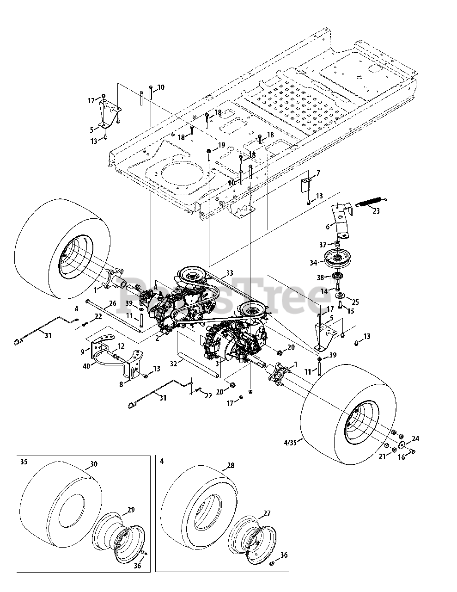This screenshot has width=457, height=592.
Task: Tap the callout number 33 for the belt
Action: [230, 273]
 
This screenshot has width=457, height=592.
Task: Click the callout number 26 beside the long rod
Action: [112, 304]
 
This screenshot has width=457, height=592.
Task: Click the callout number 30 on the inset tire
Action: [94, 464]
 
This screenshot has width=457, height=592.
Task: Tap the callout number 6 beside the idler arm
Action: [327, 227]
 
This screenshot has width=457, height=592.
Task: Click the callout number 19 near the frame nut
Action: [221, 145]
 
